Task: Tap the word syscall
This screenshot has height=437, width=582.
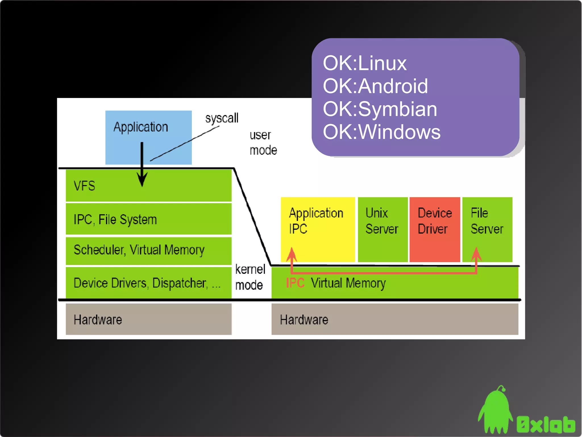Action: [x=222, y=118]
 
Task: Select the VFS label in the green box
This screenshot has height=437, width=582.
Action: [x=84, y=186]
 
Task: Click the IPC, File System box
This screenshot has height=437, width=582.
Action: [x=148, y=219]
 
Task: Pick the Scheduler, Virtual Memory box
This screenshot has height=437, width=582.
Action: [x=148, y=250]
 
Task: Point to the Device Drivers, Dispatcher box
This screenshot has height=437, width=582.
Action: [x=148, y=283]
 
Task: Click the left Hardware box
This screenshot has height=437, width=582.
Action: [x=148, y=319]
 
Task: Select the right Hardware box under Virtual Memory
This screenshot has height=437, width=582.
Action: [x=394, y=319]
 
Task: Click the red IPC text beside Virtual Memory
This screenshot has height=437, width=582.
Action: [x=295, y=283]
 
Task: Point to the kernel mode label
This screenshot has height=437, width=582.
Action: [x=250, y=277]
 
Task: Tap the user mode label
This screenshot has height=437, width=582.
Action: [x=263, y=143]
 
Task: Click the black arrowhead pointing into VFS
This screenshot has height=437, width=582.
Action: [x=142, y=179]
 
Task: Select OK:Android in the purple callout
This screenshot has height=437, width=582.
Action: [x=375, y=86]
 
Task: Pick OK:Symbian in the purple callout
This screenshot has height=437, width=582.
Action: [x=380, y=109]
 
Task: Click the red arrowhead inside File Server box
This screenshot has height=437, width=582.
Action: [x=477, y=253]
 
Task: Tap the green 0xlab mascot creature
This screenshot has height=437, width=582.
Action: [x=495, y=410]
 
